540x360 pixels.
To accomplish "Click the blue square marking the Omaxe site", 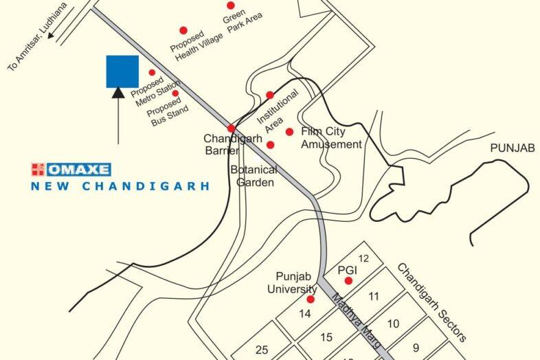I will click(x=122, y=71).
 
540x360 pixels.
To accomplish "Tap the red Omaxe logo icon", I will click(x=37, y=168).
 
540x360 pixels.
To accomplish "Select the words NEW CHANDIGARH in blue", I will click(x=120, y=186).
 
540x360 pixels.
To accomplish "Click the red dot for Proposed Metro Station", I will click(x=152, y=72).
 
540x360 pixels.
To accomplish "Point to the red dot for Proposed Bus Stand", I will click(x=175, y=93).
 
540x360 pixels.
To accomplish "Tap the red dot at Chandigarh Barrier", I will click(x=232, y=128).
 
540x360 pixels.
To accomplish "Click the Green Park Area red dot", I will click(x=231, y=5).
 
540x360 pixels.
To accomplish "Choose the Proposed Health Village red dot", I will click(x=183, y=30).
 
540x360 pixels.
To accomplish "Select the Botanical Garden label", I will click(x=254, y=176).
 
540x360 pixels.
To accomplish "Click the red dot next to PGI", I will click(x=348, y=280).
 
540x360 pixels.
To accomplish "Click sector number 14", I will click(x=305, y=313).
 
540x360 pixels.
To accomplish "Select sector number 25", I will click(x=262, y=350).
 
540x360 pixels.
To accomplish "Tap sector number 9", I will click(x=415, y=347).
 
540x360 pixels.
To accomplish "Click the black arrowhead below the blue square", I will click(x=118, y=93).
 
